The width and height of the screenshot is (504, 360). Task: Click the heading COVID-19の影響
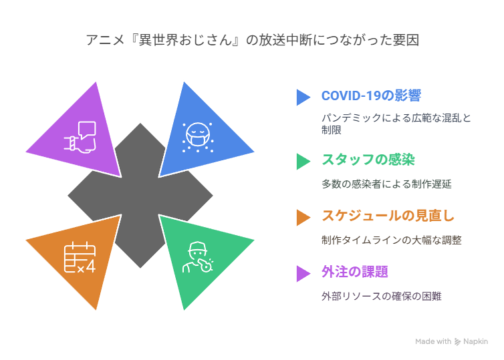coord(371,96)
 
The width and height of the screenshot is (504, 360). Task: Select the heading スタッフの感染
coord(368,160)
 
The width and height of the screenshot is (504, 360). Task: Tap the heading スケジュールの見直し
coord(388,216)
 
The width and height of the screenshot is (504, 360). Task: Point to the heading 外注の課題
coord(355,272)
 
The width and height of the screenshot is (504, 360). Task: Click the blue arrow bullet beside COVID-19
coord(303,98)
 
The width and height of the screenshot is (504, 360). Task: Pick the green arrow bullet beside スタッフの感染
coord(303,161)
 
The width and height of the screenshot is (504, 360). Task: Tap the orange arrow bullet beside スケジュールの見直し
coord(303,218)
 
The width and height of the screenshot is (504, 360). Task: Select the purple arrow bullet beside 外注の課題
coord(303,274)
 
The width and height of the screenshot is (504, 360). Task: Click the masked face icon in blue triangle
coord(198,137)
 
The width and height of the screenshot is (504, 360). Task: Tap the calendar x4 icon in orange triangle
coord(80,258)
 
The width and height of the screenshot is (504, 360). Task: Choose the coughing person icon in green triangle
coord(198,257)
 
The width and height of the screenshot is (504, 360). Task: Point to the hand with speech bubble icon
coord(80,137)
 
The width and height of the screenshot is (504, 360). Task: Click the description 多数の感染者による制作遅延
coord(386,184)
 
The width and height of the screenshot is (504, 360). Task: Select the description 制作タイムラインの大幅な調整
coord(392,240)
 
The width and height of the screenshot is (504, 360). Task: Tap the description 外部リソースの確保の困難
coord(382,296)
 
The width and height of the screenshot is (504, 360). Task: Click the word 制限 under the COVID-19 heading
coord(332,130)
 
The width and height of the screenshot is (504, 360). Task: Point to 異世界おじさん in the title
coord(185,40)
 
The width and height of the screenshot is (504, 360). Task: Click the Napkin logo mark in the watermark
coord(457,342)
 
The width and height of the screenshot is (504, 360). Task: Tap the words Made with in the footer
coord(433,341)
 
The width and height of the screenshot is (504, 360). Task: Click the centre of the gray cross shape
coord(140,195)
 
